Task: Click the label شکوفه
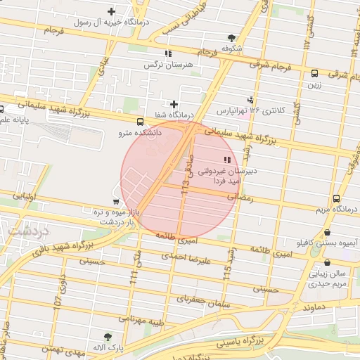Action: pos(232,49)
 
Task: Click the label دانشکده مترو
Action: pos(140,131)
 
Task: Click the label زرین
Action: pos(314,85)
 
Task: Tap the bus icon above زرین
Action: pos(314,72)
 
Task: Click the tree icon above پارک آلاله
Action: pos(108,337)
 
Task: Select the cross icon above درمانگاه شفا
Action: pos(174,104)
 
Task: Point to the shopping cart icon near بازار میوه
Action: pos(116,201)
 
